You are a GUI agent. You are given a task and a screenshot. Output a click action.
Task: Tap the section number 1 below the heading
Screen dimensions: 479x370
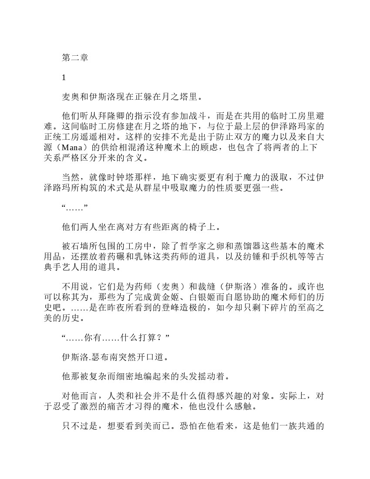[x=64, y=78]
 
